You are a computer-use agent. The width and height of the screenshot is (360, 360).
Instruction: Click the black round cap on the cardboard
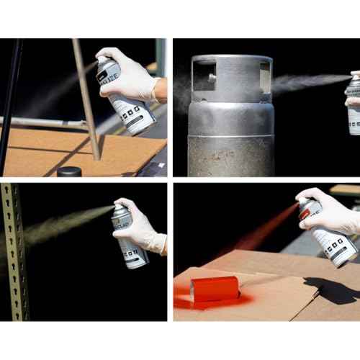69,171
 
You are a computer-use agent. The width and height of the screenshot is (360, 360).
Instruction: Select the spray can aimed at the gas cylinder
353,104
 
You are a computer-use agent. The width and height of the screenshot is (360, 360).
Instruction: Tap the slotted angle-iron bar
15,252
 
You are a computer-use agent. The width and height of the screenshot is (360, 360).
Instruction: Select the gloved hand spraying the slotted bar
144,223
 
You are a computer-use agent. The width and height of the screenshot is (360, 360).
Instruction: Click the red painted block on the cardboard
215,288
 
